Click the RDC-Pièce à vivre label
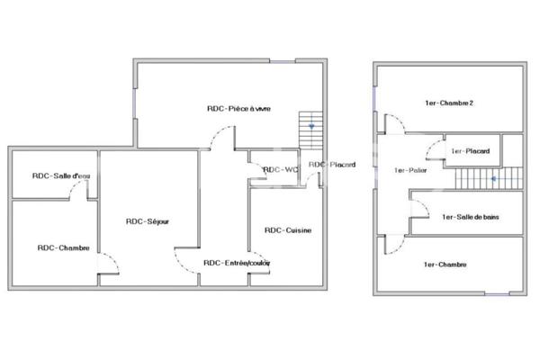[238, 108]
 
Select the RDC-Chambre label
[63, 247]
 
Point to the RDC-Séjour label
[148, 221]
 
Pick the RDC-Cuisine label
[288, 230]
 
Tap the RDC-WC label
[280, 168]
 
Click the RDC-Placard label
[332, 165]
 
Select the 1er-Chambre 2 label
[449, 103]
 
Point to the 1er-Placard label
[470, 151]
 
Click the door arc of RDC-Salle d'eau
[82, 190]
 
